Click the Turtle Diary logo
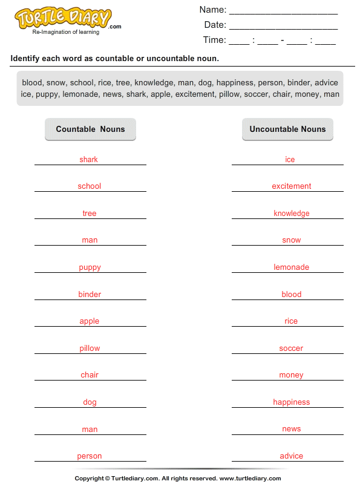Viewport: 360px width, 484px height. (x=64, y=19)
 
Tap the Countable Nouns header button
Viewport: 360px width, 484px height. (x=90, y=129)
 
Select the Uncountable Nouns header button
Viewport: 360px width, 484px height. (x=287, y=129)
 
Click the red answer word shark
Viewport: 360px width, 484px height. (x=88, y=160)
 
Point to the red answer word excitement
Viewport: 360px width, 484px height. (x=291, y=186)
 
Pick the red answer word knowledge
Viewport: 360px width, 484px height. (x=291, y=214)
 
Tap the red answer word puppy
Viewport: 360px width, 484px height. (x=90, y=267)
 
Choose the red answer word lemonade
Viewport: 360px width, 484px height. (x=291, y=267)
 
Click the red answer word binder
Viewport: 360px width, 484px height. (x=90, y=295)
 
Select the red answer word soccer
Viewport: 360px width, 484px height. (x=291, y=348)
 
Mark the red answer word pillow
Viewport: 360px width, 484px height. (x=90, y=348)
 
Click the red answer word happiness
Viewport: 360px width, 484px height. (x=291, y=402)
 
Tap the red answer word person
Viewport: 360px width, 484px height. (x=89, y=456)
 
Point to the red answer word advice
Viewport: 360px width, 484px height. (x=291, y=456)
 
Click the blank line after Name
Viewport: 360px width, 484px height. (x=283, y=11)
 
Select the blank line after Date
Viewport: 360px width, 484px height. (x=283, y=26)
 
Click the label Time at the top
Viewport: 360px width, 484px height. (x=214, y=40)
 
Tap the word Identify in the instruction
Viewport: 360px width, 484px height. (x=27, y=59)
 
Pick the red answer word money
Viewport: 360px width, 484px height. (x=291, y=375)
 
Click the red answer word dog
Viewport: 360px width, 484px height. (x=90, y=402)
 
